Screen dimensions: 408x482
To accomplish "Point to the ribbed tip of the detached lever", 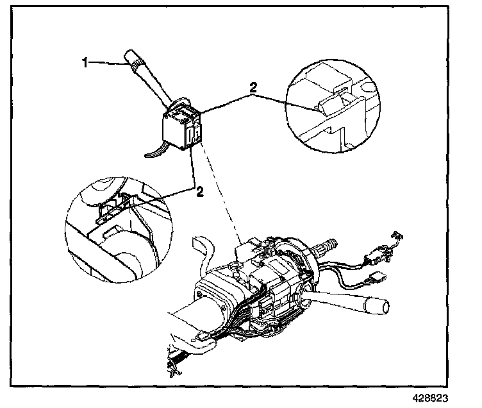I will pyautogui.click(x=135, y=62).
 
